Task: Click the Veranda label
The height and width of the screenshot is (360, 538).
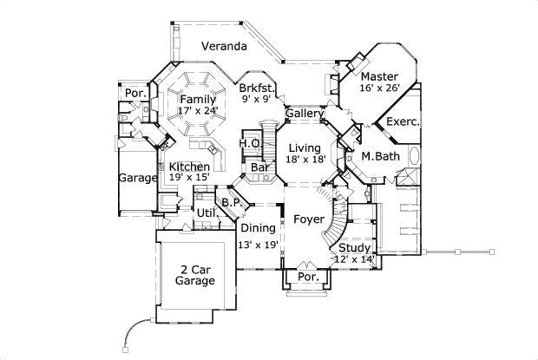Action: tap(224, 46)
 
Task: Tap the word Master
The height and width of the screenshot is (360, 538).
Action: tap(380, 77)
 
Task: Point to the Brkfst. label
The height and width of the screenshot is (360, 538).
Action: tap(258, 88)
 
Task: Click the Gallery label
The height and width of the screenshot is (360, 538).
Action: tap(305, 114)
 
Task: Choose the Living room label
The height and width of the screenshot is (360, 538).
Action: tap(305, 149)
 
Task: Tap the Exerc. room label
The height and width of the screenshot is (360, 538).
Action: tap(403, 122)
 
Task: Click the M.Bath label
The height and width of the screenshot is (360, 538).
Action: tap(379, 156)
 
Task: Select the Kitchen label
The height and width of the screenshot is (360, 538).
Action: tap(189, 167)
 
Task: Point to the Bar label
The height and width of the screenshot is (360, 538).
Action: tap(258, 167)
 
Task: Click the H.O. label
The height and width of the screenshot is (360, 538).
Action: tap(250, 143)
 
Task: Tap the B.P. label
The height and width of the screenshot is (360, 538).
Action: tap(231, 204)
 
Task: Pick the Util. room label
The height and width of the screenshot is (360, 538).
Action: tap(206, 213)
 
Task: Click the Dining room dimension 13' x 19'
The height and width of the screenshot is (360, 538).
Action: tap(257, 245)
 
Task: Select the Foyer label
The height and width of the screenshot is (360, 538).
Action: tap(308, 219)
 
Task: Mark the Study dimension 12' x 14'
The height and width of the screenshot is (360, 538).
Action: tap(352, 259)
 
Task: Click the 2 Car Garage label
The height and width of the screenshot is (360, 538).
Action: tap(195, 275)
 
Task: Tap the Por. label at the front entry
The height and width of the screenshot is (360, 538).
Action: tap(308, 277)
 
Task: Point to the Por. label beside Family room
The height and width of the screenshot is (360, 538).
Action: tap(134, 92)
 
